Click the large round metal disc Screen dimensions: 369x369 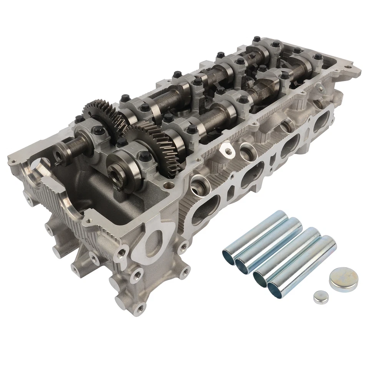(343, 279)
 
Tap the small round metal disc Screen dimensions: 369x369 (321, 297)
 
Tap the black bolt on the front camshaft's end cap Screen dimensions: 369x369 (145, 156)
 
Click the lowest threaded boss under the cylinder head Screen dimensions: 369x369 (139, 308)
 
